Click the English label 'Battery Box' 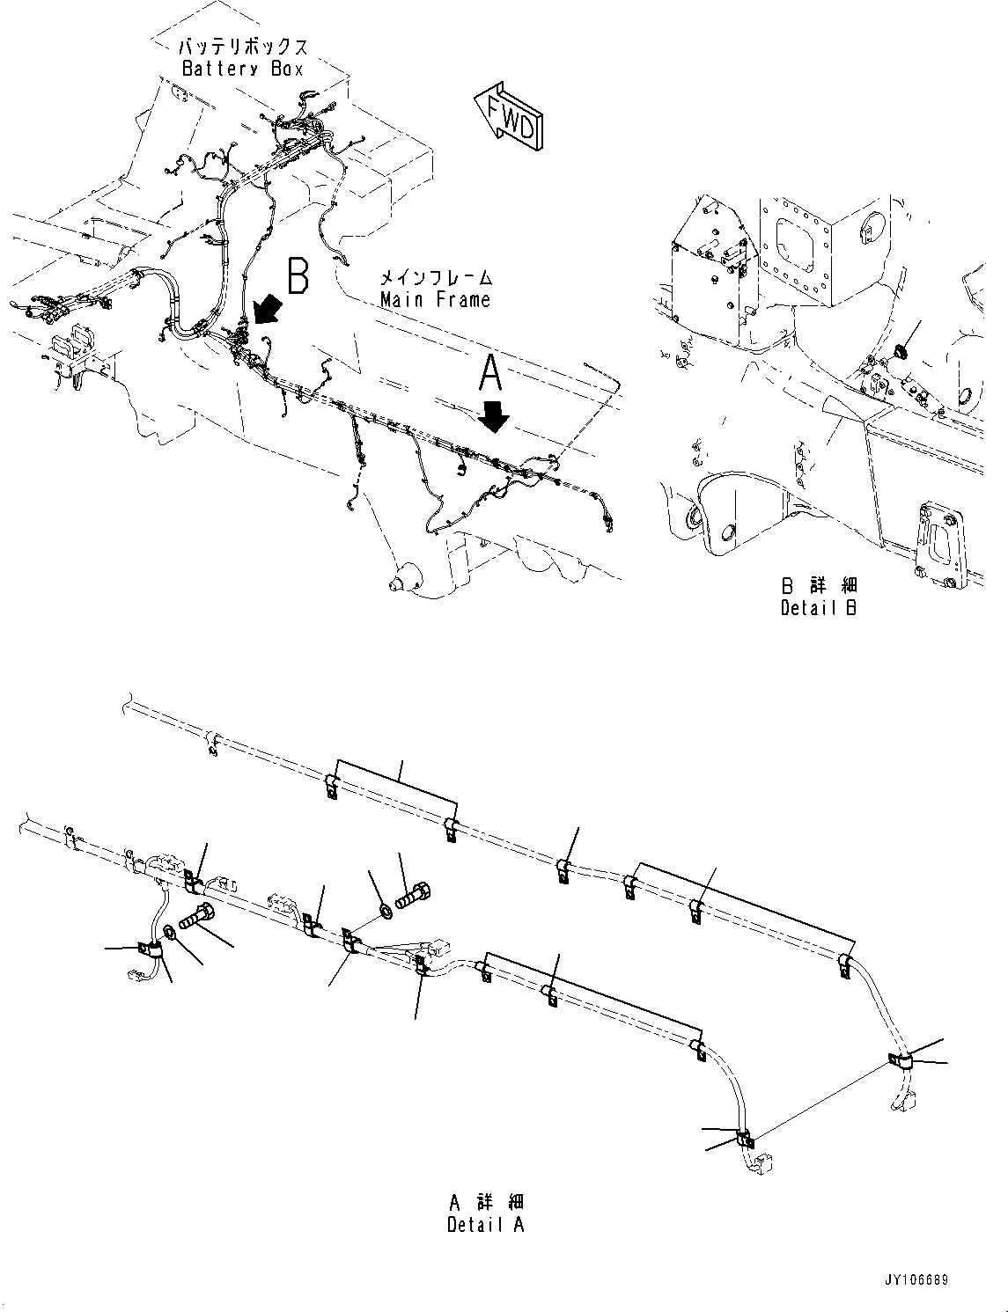(x=242, y=69)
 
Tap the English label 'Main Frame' (x=435, y=299)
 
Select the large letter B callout (x=298, y=275)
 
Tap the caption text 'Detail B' (x=818, y=607)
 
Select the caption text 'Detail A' (x=485, y=1225)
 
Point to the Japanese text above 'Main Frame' (x=435, y=278)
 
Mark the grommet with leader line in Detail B (x=899, y=353)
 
